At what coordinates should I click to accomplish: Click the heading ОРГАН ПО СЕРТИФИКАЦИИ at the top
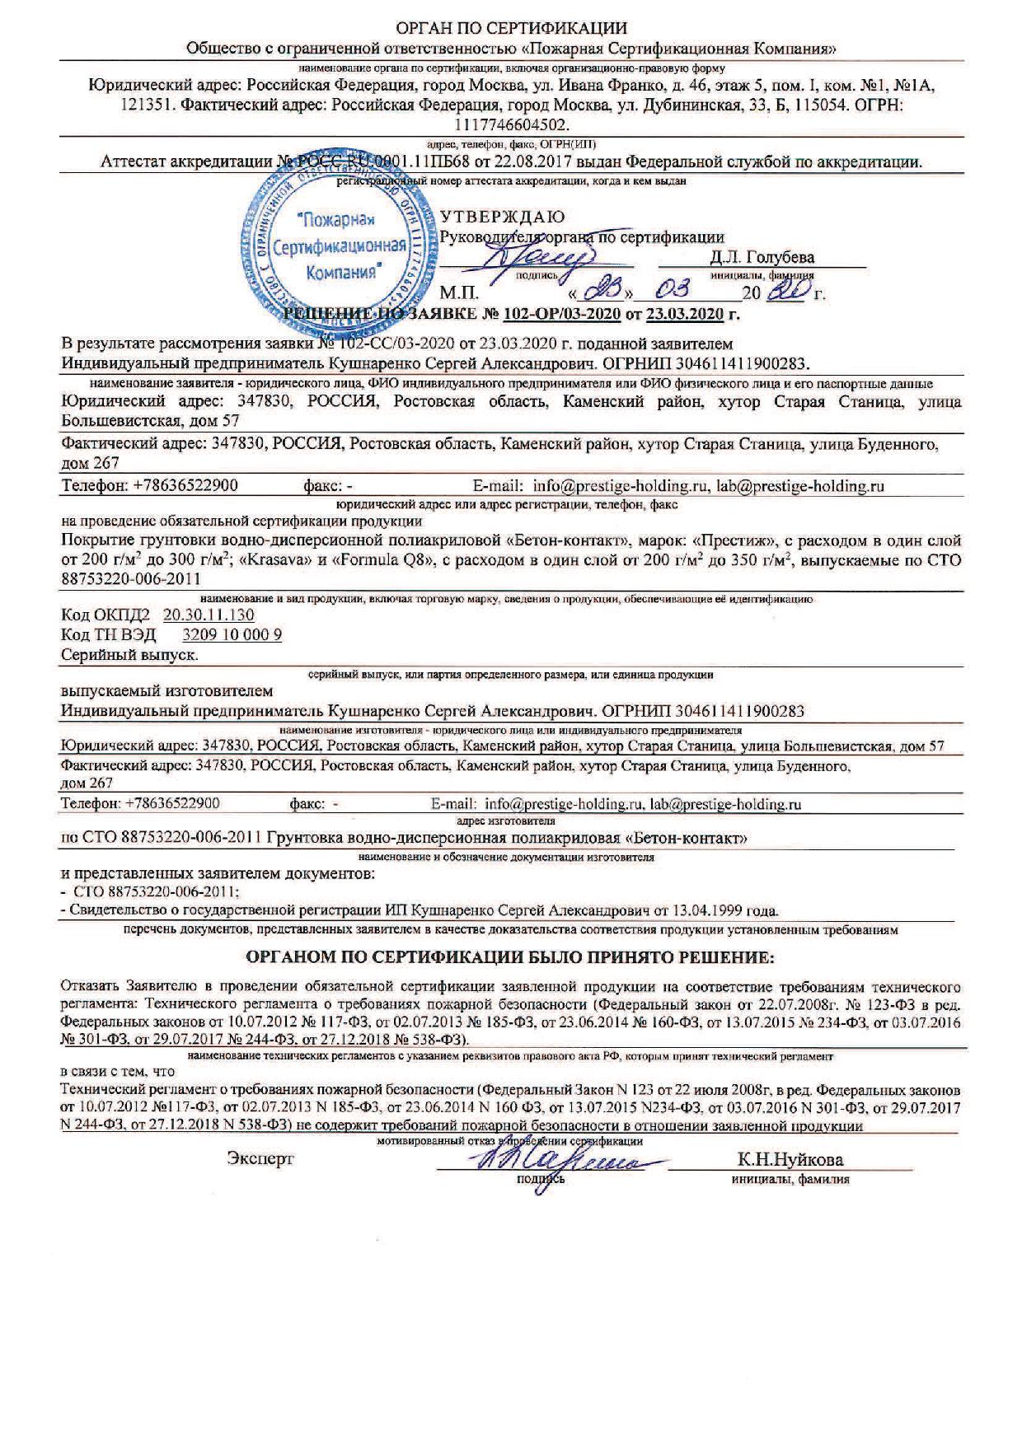coord(511,30)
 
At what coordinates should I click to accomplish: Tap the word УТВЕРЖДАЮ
coord(503,217)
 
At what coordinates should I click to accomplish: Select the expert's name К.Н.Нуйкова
coord(790,1160)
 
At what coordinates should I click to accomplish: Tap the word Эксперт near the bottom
coord(260,1159)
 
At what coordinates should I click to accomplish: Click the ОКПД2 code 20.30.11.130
coord(209,615)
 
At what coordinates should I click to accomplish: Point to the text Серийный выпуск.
coord(130,655)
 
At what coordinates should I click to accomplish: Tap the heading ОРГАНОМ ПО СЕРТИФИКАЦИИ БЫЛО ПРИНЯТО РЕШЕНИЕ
coord(511,958)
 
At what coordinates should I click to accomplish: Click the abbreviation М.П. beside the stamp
coord(459,292)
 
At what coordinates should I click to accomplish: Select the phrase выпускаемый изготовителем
coord(167,690)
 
